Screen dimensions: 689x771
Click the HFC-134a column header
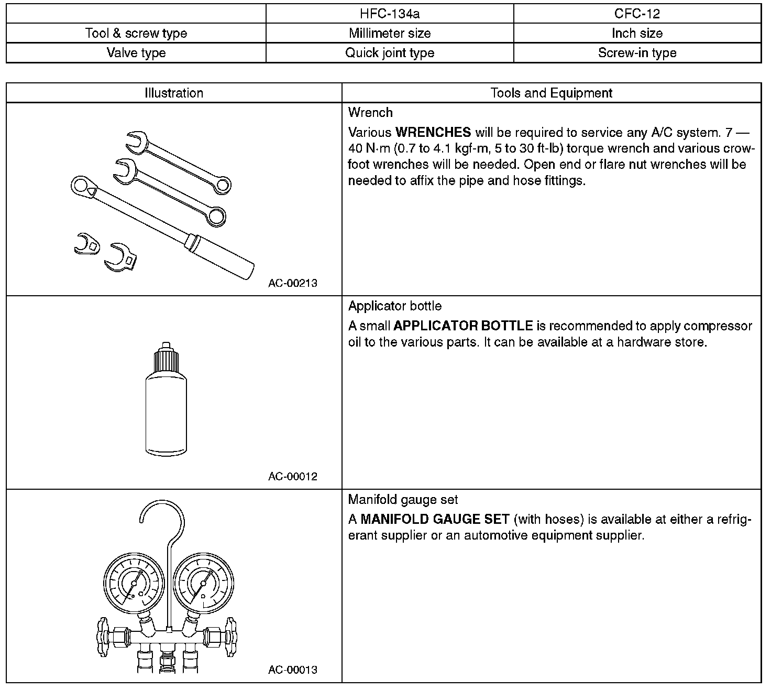pos(390,14)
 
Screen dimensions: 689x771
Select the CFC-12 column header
pos(637,14)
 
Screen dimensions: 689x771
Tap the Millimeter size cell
pos(390,34)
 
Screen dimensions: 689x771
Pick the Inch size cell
pos(637,34)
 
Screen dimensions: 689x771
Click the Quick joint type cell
pos(390,53)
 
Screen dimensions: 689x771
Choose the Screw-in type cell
pos(637,53)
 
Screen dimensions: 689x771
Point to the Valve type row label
pos(136,53)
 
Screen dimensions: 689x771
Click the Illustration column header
pos(174,93)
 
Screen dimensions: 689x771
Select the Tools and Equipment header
pos(551,93)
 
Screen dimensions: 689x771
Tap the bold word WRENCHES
pos(433,132)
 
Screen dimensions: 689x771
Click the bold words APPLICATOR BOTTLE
pos(463,326)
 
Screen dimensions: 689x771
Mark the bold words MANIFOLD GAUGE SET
pos(435,520)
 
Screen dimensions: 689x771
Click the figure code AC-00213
pos(293,283)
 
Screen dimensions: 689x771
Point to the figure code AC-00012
pos(293,477)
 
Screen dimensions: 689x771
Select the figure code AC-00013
pos(293,670)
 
